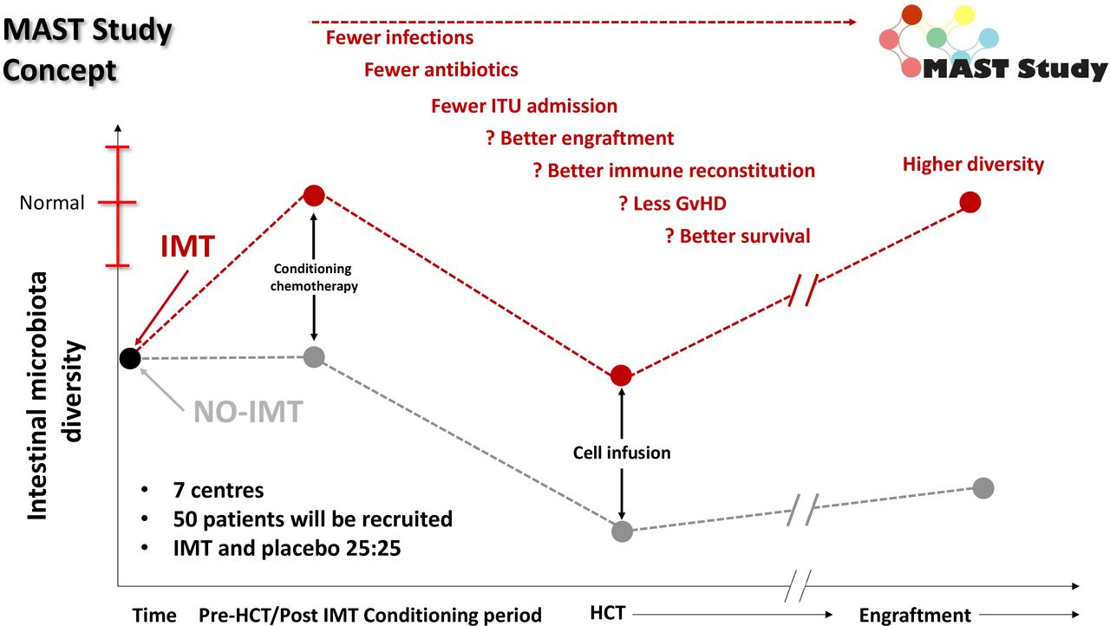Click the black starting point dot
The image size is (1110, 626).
click(130, 358)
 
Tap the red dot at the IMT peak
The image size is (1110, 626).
click(314, 196)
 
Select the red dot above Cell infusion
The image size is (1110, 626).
click(621, 375)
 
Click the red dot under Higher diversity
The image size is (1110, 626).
click(970, 202)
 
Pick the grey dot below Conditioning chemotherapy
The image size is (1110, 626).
click(314, 356)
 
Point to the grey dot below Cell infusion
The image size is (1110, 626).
click(622, 531)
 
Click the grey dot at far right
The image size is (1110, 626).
click(983, 488)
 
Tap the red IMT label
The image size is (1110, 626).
click(188, 246)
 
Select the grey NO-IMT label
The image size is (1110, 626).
click(248, 412)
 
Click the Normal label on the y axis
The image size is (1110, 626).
click(52, 203)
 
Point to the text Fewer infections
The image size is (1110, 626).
click(400, 37)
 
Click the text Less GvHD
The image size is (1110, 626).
click(679, 204)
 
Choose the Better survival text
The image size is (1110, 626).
click(745, 236)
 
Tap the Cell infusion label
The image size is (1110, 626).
click(622, 453)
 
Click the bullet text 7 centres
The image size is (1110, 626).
click(219, 490)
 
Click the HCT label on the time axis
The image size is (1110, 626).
click(608, 613)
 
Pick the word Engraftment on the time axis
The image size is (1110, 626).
click(915, 616)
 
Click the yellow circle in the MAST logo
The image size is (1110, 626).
click(964, 15)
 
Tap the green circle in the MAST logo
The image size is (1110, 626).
click(936, 37)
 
